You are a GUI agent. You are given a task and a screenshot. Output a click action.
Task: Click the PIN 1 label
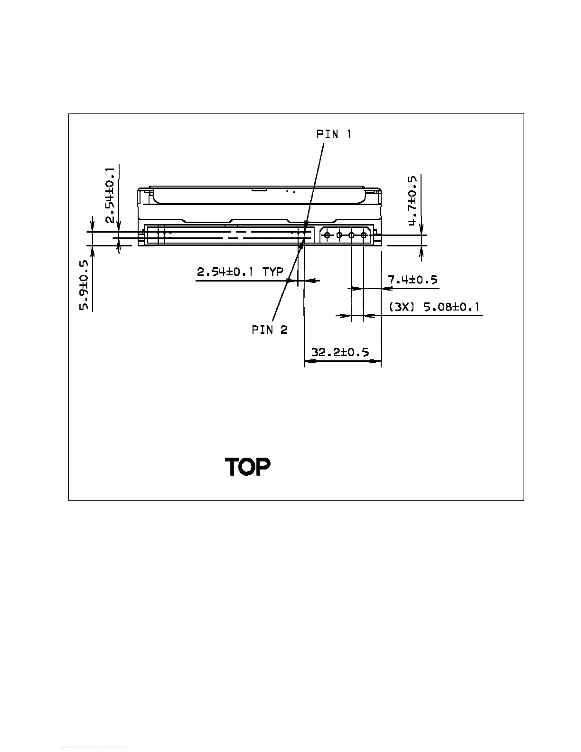(334, 134)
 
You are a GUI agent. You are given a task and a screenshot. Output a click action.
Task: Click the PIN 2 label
(270, 329)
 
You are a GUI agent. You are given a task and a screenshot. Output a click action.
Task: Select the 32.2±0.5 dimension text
(340, 353)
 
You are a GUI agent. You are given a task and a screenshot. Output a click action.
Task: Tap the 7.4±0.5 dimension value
(412, 280)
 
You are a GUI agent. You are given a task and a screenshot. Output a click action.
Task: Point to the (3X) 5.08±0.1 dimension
(434, 307)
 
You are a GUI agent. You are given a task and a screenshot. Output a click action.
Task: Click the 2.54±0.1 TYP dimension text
(240, 272)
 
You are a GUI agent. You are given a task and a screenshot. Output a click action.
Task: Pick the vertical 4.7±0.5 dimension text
(412, 201)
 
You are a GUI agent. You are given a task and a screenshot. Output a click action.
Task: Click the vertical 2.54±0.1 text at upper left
(110, 195)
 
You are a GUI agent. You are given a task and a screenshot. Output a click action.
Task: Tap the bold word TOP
(247, 467)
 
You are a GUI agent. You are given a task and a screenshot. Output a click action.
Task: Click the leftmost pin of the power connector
(327, 235)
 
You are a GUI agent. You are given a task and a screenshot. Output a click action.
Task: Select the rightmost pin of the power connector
(364, 235)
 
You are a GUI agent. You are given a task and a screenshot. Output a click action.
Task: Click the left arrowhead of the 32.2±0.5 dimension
(308, 361)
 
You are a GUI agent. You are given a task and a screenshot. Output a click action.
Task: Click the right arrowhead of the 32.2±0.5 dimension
(377, 361)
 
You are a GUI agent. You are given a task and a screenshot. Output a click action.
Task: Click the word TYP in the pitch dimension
(272, 272)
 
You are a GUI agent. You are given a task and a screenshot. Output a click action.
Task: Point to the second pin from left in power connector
(339, 235)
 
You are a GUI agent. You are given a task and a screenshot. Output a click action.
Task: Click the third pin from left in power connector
(351, 235)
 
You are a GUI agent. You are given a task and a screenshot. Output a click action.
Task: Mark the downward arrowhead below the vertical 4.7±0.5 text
(421, 229)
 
